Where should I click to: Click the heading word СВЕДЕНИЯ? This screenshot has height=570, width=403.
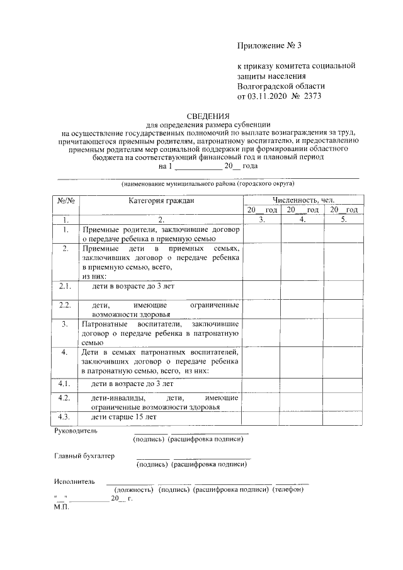pyautogui.click(x=208, y=116)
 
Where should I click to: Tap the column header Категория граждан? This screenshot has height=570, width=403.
pyautogui.click(x=161, y=200)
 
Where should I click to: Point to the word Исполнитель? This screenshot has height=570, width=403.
pyautogui.click(x=75, y=481)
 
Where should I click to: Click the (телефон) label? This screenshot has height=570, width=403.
pyautogui.click(x=288, y=490)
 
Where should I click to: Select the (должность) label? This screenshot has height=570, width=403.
pyautogui.click(x=133, y=490)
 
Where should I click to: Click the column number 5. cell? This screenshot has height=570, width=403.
pyautogui.click(x=343, y=220)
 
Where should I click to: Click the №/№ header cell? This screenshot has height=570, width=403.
pyautogui.click(x=65, y=200)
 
